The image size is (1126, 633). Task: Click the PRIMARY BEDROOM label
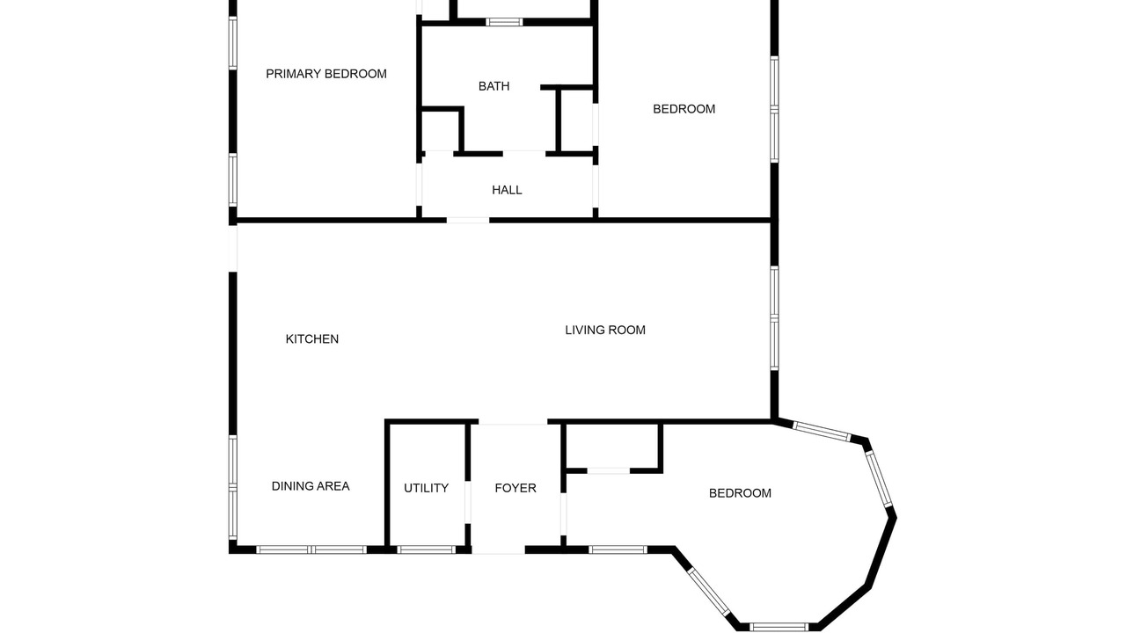(326, 74)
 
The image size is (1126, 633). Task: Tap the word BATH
(494, 86)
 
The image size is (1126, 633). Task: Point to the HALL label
(507, 190)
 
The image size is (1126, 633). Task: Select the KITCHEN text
(312, 339)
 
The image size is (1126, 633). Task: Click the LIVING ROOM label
(605, 330)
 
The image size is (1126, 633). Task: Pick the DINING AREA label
(311, 486)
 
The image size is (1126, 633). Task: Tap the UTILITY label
(427, 488)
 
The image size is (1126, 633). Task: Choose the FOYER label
(515, 488)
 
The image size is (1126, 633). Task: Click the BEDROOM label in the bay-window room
(740, 493)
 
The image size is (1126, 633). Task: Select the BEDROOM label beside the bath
(684, 109)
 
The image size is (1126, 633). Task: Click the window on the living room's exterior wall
(775, 318)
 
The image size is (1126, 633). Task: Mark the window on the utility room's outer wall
(427, 549)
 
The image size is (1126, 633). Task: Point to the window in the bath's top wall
(504, 22)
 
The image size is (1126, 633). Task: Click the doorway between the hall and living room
(468, 220)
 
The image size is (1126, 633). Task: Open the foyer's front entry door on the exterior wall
(498, 550)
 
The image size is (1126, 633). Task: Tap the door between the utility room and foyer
(468, 502)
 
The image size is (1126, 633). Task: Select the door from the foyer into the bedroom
(564, 514)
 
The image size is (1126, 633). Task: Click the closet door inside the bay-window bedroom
(608, 470)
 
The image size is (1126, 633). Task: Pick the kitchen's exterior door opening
(233, 249)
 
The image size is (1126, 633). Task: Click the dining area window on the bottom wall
(311, 549)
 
